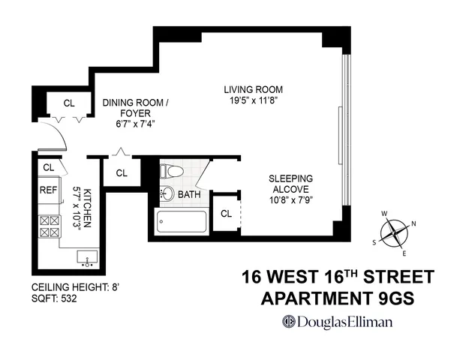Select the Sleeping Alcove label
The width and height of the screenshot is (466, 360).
[x=292, y=184]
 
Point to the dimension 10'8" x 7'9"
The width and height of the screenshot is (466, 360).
[x=292, y=201]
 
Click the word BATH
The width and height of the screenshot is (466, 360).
[x=188, y=195]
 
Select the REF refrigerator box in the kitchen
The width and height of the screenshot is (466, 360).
[x=48, y=190]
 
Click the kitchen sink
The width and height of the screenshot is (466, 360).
[x=86, y=259]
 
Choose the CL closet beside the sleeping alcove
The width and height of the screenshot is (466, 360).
[x=226, y=214]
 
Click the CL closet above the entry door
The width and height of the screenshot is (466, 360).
[x=68, y=103]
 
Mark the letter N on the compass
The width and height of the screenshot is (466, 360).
[x=413, y=224]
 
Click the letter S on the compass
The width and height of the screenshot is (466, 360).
[x=374, y=242]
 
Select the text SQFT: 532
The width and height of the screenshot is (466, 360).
[x=54, y=298]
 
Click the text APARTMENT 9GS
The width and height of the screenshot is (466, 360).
[x=336, y=298]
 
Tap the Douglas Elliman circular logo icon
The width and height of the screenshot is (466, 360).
[x=287, y=322]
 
